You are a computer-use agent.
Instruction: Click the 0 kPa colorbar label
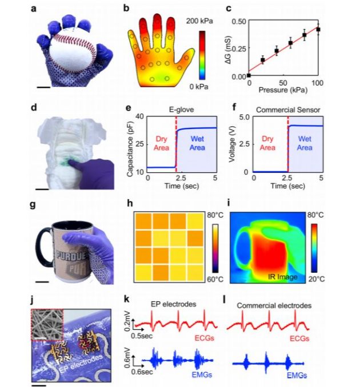click(198, 86)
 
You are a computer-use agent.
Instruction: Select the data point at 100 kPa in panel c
click(318, 29)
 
